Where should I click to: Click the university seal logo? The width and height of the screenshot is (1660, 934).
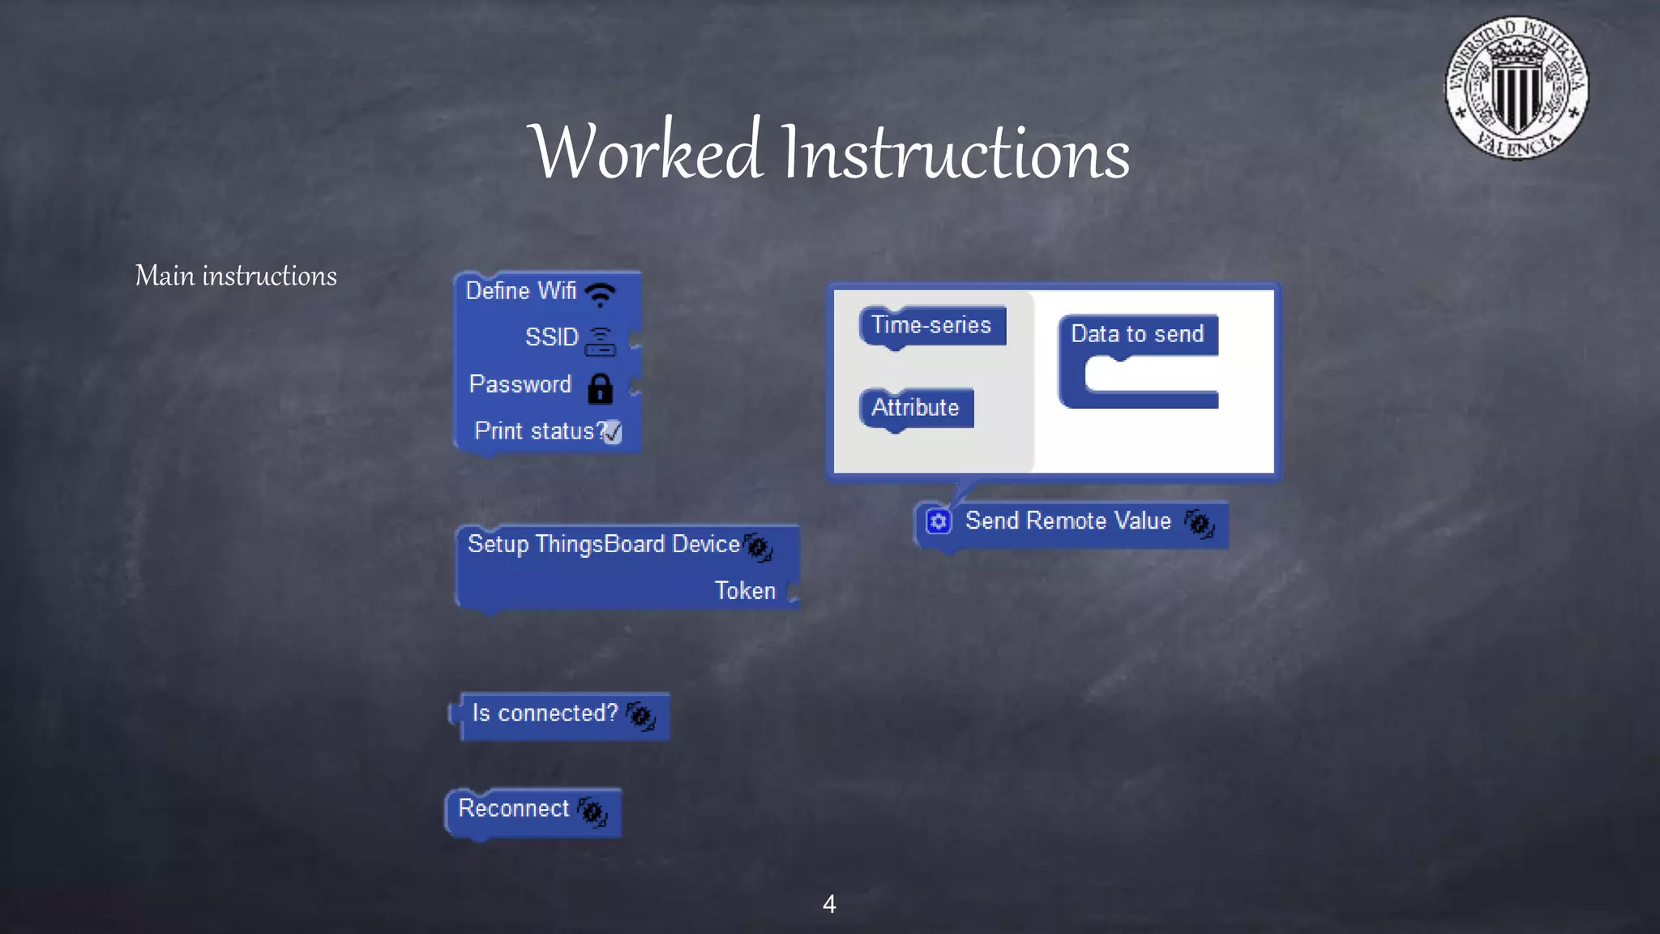point(1517,88)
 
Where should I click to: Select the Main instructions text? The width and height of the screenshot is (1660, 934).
point(236,276)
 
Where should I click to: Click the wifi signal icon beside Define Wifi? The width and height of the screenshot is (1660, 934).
point(601,293)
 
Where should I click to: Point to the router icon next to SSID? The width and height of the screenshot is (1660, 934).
point(600,341)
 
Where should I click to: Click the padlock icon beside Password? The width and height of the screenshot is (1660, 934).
point(600,388)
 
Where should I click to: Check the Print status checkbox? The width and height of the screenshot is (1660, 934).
point(613,432)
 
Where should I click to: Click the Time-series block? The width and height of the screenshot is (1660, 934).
point(932,325)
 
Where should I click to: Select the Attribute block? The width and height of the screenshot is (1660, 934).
point(916,407)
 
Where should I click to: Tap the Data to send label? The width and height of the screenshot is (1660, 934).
point(1137,334)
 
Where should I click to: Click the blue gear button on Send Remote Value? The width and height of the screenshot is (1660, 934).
point(939,521)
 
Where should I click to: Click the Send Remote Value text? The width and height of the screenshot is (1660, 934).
point(1067,521)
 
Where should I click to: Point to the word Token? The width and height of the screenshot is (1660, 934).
point(745,591)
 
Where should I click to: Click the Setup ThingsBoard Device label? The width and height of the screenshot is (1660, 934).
point(603,544)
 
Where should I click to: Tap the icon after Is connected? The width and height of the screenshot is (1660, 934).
point(641,715)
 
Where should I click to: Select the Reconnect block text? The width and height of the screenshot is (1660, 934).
point(514,808)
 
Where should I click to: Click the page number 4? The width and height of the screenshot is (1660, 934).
point(829,904)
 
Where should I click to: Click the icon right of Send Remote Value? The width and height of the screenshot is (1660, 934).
point(1200,523)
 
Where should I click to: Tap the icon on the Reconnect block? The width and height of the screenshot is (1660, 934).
point(593,812)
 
